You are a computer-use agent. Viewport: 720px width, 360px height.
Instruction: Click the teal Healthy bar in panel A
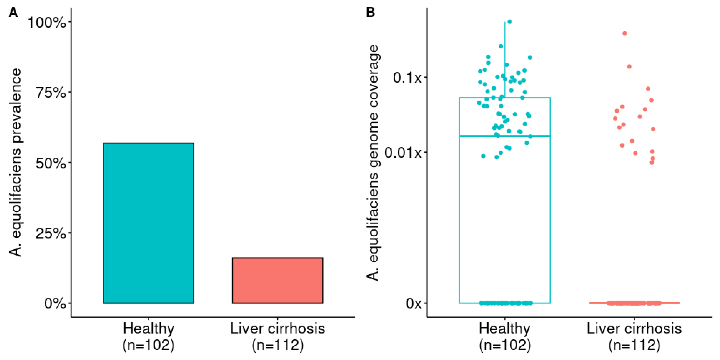click(x=148, y=223)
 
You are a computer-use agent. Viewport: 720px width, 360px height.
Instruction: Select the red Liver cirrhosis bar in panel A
click(x=277, y=280)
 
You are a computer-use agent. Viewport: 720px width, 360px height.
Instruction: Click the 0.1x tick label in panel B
click(x=407, y=77)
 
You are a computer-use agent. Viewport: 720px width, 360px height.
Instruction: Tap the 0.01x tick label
click(x=403, y=153)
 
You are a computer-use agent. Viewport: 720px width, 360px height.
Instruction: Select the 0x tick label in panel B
click(x=413, y=303)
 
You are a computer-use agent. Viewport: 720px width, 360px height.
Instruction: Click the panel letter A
click(x=13, y=13)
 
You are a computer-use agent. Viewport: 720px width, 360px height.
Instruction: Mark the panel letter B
click(x=370, y=13)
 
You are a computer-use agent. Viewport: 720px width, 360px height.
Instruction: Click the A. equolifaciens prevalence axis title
click(x=15, y=162)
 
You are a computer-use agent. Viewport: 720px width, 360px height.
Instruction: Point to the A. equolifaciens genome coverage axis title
click(x=373, y=162)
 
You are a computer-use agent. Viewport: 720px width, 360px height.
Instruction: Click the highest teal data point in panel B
click(x=510, y=22)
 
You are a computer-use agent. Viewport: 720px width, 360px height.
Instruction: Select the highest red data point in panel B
click(x=625, y=34)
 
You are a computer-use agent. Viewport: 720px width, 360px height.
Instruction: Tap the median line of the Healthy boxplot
click(x=475, y=136)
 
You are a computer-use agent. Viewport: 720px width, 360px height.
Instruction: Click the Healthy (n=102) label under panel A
click(x=148, y=336)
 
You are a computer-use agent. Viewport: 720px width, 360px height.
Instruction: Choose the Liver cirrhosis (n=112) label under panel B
click(x=634, y=336)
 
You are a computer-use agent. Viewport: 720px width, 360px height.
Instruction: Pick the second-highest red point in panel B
click(x=629, y=67)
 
